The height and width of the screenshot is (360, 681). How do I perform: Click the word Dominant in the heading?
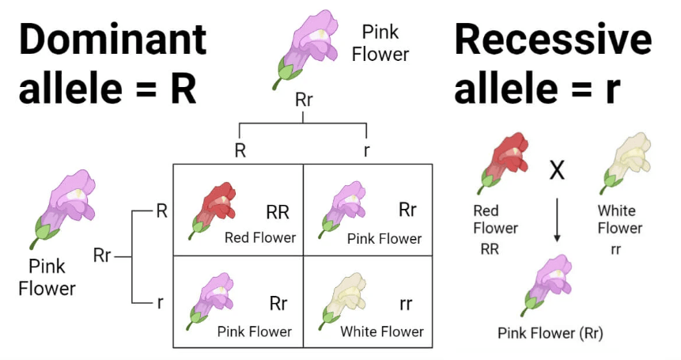113,39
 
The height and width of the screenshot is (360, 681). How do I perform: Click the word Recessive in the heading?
553,39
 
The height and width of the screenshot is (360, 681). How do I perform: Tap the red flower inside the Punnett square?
212,209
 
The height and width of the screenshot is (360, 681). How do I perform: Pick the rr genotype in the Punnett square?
406,304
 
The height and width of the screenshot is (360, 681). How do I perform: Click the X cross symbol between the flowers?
557,169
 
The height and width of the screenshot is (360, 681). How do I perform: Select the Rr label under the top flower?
303,100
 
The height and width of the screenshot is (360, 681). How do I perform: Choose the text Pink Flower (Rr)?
550,332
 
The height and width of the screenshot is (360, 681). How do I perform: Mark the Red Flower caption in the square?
259,237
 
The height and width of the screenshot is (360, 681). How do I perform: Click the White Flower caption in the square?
382,332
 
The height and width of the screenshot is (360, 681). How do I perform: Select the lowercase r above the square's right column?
366,150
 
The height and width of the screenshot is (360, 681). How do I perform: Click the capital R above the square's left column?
240,150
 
